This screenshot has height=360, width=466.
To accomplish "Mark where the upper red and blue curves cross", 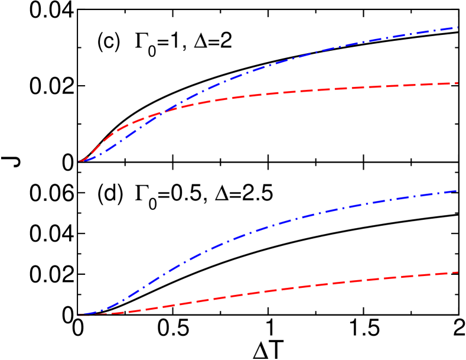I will (163, 111).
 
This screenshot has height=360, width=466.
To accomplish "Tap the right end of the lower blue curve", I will (457, 191).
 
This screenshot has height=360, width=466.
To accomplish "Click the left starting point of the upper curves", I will (79, 161).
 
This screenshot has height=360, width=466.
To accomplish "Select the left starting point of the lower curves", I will (78, 316).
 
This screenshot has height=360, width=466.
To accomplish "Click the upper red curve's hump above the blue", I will (118, 128).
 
